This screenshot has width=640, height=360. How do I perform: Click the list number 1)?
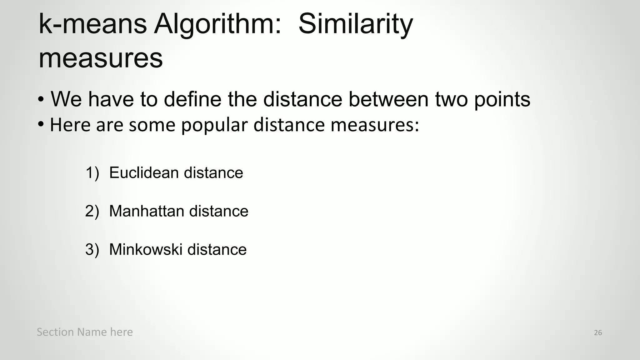click(92, 173)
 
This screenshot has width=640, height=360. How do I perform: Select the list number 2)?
click(92, 211)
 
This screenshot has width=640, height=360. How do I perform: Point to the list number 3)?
click(92, 250)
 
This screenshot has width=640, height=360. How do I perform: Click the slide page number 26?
click(598, 333)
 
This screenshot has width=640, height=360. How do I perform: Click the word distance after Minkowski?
click(217, 250)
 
